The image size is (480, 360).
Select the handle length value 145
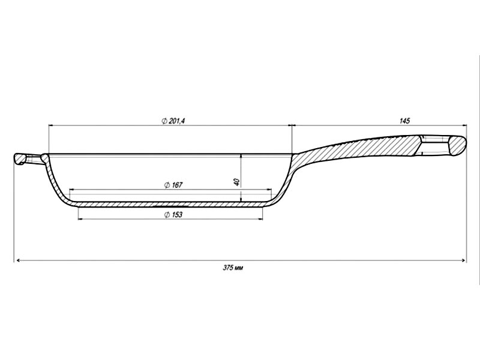(404, 121)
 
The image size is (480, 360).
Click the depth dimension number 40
(236, 181)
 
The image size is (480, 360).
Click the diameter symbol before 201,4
(164, 121)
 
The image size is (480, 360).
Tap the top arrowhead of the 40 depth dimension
(241, 154)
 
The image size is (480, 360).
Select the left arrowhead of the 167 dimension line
(71, 190)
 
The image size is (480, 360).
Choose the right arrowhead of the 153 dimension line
(262, 220)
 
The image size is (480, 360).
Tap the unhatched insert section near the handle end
(433, 145)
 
